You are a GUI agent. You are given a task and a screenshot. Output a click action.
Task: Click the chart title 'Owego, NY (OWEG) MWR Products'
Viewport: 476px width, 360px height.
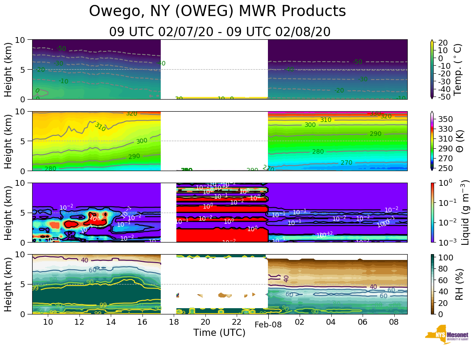pos(217,12)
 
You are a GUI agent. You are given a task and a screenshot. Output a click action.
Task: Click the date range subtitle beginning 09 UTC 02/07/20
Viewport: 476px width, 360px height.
pos(220,32)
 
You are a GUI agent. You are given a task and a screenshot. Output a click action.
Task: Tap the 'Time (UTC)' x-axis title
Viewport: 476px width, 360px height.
pos(219,333)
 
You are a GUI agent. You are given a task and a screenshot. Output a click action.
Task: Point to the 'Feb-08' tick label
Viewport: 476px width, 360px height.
pos(268,325)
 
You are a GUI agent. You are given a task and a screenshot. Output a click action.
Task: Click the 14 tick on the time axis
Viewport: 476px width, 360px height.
pos(111,322)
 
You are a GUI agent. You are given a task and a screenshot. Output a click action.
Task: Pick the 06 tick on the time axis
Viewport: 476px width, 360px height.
pos(362,322)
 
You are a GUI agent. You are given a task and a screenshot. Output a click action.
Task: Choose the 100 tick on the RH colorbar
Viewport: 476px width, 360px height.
pos(447,258)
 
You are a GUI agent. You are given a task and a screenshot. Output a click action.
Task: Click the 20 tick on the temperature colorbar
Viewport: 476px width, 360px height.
pos(443,42)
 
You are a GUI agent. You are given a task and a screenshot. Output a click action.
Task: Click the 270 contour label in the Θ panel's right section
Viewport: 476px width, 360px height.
pos(347,163)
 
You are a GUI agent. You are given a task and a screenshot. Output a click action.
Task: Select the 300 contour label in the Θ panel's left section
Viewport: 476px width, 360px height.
pos(142,141)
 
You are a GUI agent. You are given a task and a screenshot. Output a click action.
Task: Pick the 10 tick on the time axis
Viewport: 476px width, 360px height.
pos(48,322)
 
